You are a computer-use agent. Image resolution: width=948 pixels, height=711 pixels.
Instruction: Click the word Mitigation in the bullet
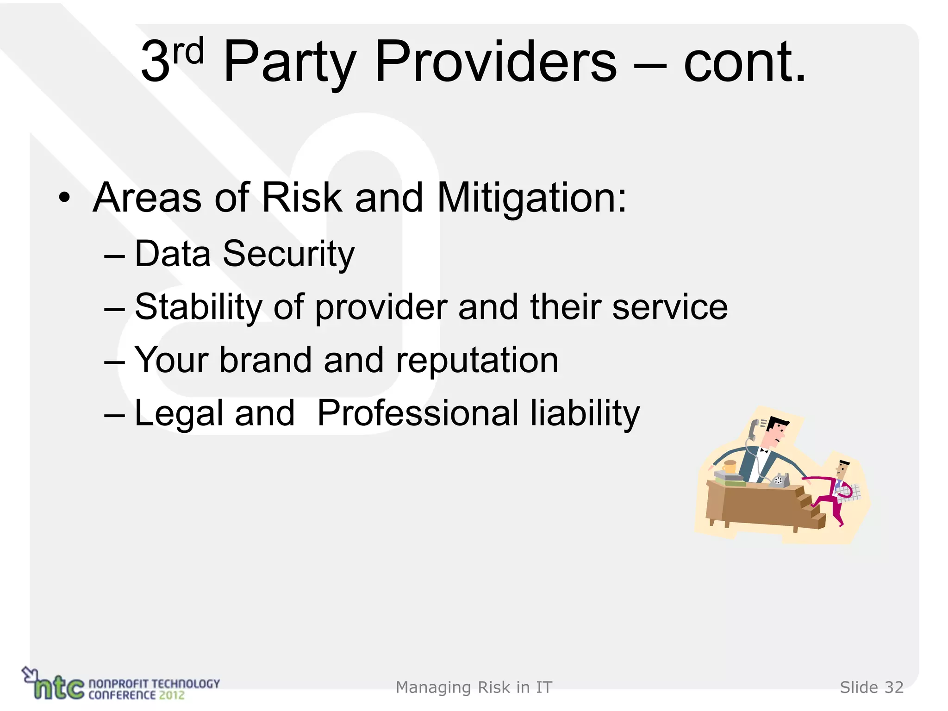[531, 198]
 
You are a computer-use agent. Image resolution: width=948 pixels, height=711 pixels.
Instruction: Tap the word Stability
[198, 307]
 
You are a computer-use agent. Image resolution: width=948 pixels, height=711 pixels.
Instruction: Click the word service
[670, 307]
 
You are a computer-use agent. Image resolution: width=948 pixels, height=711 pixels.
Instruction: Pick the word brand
[266, 360]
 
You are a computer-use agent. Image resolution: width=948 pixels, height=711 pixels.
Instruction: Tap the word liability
[585, 413]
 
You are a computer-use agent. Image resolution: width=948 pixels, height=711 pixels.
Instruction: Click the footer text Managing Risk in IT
[474, 688]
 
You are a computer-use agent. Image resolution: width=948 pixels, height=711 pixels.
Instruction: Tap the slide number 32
[894, 688]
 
